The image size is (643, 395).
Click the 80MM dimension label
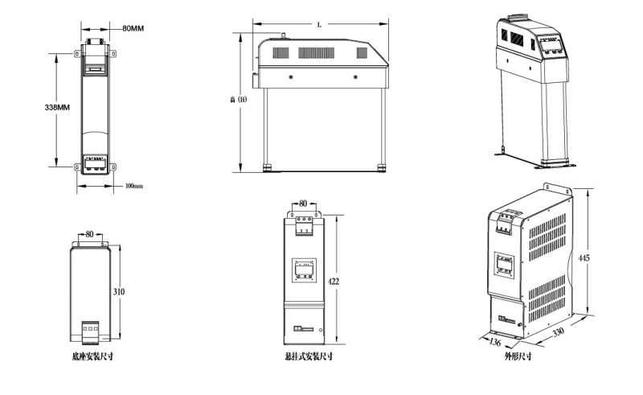133,28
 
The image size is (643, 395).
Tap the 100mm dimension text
133,187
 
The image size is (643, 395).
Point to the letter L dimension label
319,25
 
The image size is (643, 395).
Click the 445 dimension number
584,257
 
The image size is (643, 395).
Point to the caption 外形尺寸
517,356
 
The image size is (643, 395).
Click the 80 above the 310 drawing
89,234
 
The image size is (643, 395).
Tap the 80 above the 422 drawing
303,204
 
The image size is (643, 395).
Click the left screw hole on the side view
289,77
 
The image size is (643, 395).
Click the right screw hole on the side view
355,77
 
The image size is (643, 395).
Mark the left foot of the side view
267,167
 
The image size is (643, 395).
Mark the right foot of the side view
382,167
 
